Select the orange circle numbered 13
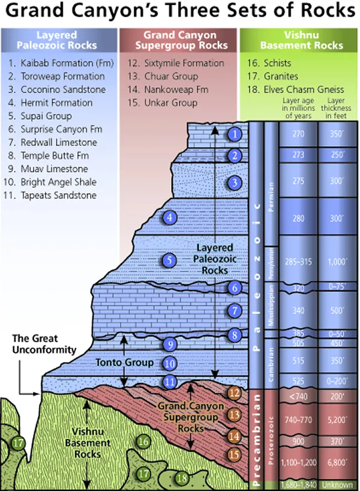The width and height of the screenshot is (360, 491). click(236, 414)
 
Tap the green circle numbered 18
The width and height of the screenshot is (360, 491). click(182, 478)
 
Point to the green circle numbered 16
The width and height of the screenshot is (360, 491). click(143, 442)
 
